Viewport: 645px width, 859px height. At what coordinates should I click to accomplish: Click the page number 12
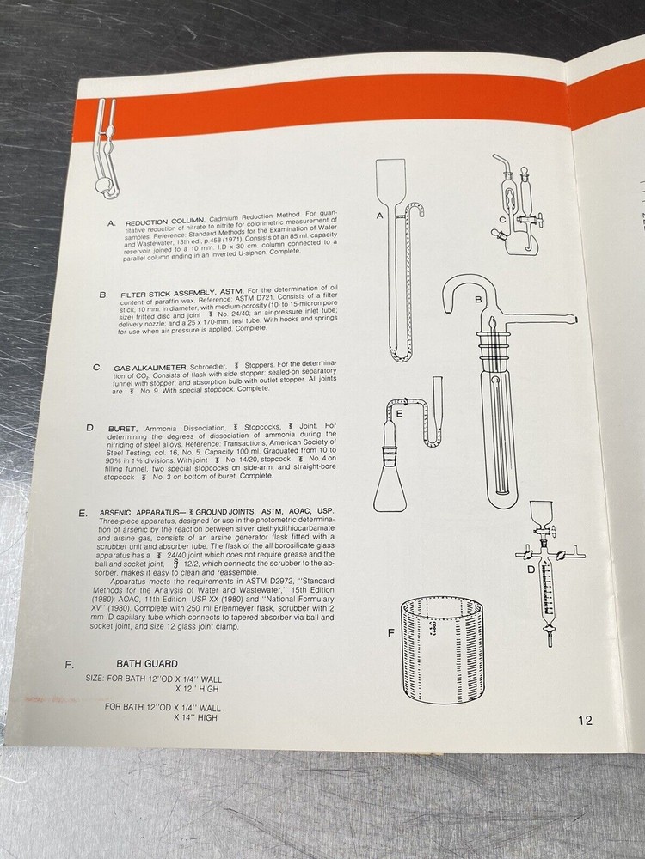(585, 721)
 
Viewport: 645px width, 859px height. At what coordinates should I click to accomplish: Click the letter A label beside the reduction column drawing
(379, 216)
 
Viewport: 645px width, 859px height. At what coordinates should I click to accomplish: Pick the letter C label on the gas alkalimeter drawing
(501, 220)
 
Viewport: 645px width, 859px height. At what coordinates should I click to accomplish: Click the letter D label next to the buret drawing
(531, 569)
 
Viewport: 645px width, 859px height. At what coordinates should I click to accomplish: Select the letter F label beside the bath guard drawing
(392, 633)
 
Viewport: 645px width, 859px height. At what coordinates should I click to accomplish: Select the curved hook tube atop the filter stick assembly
(465, 295)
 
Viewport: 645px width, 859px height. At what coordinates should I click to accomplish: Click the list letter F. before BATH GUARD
(68, 664)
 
